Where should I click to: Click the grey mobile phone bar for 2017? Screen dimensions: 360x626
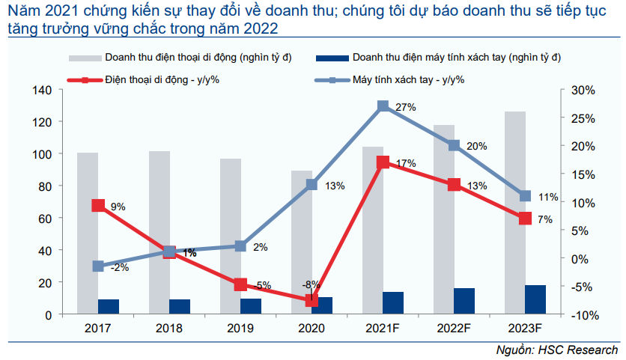[x=88, y=232]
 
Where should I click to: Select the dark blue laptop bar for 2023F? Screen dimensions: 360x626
[x=535, y=299]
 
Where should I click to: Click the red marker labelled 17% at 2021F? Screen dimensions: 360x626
[x=383, y=162]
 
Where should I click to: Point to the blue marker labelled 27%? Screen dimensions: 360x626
[x=383, y=106]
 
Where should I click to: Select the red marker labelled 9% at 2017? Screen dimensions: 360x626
[x=98, y=205]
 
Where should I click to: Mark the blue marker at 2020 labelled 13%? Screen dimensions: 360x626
[x=312, y=184]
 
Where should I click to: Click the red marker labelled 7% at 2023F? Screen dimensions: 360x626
[x=525, y=219]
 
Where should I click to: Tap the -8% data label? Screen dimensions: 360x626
[x=311, y=284]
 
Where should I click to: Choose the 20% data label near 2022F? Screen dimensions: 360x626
[x=476, y=146]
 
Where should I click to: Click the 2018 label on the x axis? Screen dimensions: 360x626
[x=169, y=329]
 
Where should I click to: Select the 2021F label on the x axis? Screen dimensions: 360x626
[x=383, y=329]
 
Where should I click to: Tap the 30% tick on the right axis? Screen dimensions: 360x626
[x=583, y=91]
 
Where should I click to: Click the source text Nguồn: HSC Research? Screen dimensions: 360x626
[x=557, y=350]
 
